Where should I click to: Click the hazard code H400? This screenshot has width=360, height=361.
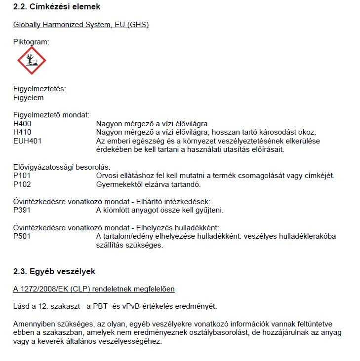[23, 124]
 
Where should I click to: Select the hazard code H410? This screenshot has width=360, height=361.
[23, 132]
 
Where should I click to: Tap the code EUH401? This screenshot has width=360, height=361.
[28, 141]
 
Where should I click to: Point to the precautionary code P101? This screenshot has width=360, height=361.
[23, 176]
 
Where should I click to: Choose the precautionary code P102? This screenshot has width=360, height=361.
[23, 184]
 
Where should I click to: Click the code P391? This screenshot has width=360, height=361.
[23, 210]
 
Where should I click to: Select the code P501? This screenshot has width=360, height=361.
[23, 236]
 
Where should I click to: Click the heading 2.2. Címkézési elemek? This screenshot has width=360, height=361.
[57, 7]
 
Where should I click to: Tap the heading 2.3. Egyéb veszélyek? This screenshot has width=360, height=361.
[54, 272]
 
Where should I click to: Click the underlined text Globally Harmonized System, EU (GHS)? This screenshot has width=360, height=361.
[81, 25]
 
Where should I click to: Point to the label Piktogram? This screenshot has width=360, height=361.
[31, 42]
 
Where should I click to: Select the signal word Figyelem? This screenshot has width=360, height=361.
[28, 98]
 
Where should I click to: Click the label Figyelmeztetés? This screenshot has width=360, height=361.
[40, 89]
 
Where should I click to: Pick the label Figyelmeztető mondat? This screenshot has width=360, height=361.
[51, 115]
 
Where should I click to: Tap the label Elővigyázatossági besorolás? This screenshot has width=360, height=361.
[62, 167]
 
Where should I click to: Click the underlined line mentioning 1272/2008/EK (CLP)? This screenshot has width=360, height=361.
[94, 289]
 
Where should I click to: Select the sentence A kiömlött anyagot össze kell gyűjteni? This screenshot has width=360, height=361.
[160, 210]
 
